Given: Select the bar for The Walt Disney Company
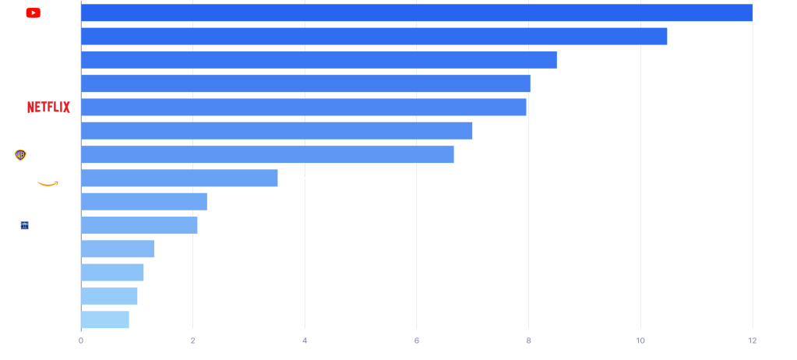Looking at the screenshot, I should tap(374, 37).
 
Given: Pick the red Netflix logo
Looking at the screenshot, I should tap(48, 107).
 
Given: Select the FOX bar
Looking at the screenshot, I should tap(277, 131).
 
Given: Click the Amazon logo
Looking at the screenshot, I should tap(51, 178).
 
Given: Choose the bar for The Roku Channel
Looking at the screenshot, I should tap(144, 202).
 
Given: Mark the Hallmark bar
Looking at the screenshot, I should tap(109, 296).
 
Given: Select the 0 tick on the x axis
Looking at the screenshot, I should tap(81, 341).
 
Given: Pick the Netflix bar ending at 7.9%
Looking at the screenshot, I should tap(304, 108).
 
